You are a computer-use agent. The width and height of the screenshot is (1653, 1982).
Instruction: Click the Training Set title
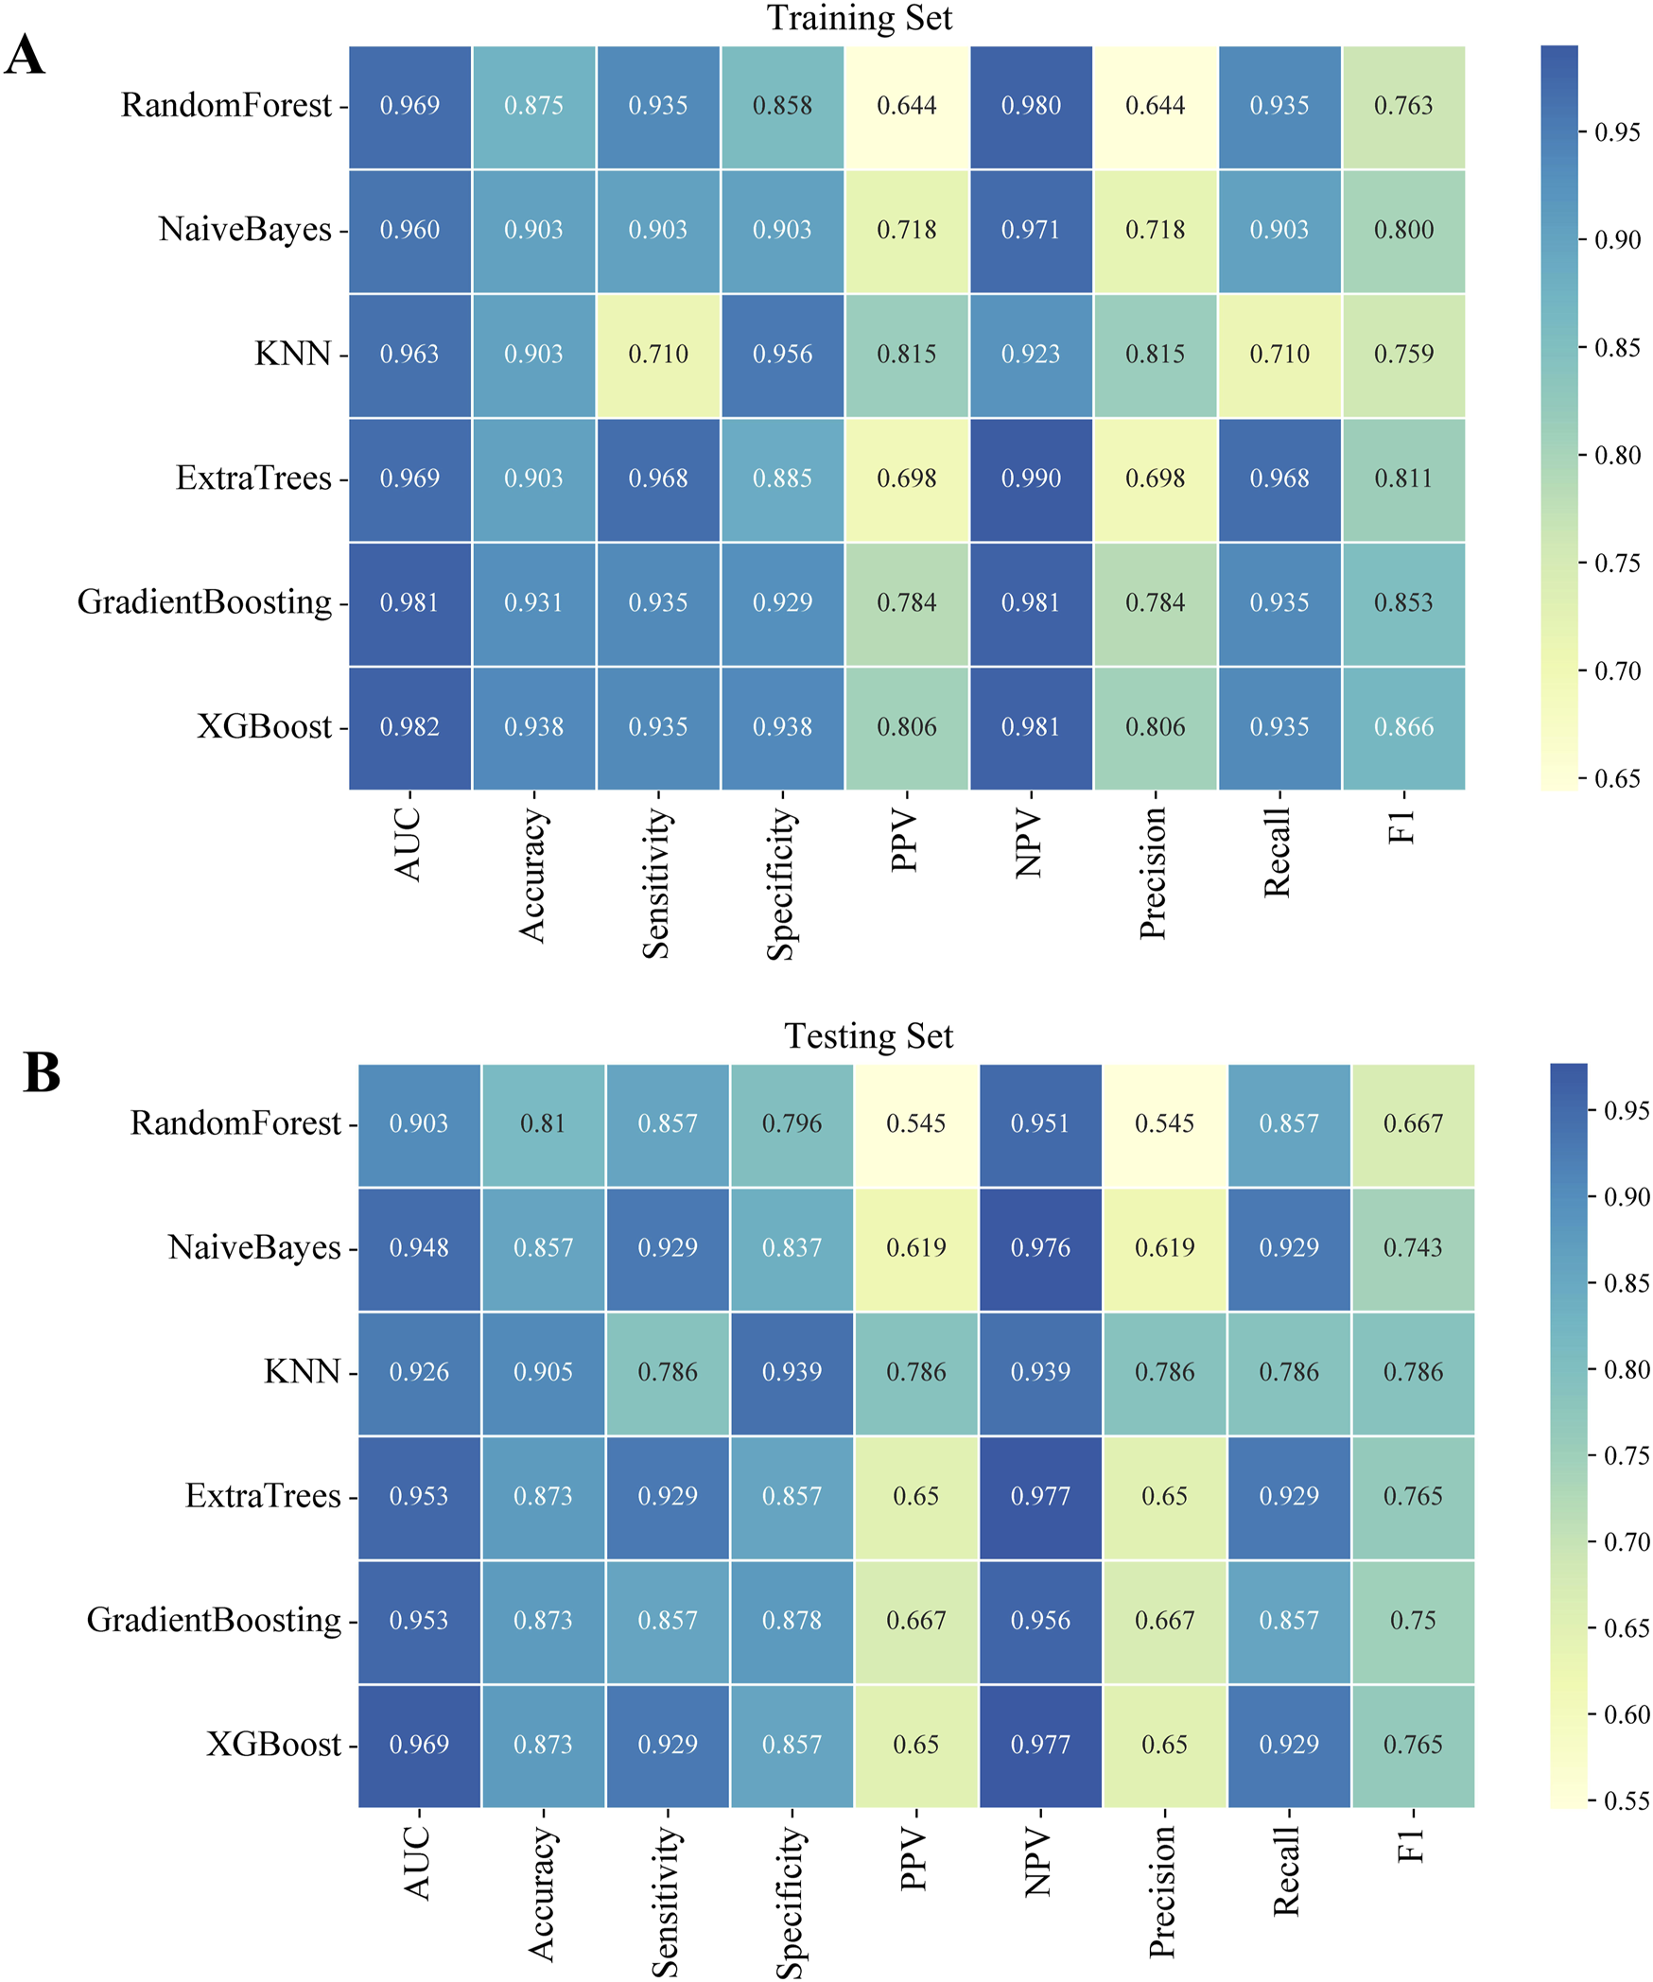click(x=859, y=18)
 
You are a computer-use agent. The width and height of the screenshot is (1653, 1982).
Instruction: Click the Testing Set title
click(x=868, y=1035)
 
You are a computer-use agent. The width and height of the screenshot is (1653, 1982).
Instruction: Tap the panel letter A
click(x=26, y=55)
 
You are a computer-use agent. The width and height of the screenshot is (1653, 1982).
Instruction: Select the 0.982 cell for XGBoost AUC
click(x=409, y=727)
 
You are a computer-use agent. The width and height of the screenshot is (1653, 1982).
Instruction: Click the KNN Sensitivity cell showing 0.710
click(x=658, y=355)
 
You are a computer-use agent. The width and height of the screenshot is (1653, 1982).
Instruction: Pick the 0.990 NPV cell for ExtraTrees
click(x=1031, y=478)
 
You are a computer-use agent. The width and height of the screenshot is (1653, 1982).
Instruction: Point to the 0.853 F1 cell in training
click(x=1403, y=603)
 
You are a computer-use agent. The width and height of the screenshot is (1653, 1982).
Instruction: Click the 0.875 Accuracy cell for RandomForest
click(x=533, y=106)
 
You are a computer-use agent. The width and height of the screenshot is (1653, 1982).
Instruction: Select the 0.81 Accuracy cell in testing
click(x=543, y=1123)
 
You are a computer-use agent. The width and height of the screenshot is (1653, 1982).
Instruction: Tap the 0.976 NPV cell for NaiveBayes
click(x=1040, y=1247)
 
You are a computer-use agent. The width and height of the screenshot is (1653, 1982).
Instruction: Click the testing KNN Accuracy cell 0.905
click(x=543, y=1371)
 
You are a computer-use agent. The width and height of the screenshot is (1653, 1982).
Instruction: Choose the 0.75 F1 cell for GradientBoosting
click(x=1413, y=1620)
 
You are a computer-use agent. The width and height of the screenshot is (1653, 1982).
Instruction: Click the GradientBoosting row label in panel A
click(x=204, y=602)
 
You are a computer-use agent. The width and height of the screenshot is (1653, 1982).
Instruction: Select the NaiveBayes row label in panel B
click(x=253, y=1247)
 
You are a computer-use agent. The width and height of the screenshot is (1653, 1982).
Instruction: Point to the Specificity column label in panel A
click(x=781, y=883)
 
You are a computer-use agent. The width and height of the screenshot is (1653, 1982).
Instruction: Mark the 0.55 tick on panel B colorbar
click(x=1626, y=1800)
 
